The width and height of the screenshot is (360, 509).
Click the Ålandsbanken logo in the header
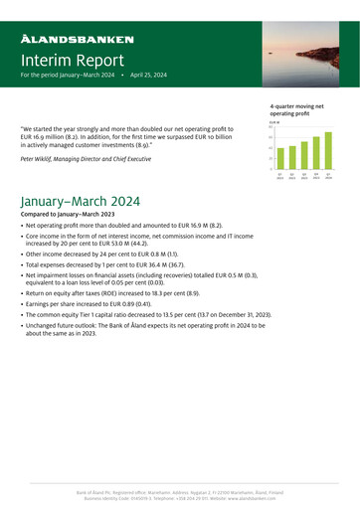click(x=78, y=39)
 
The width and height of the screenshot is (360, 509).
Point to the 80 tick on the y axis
click(x=270, y=127)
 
